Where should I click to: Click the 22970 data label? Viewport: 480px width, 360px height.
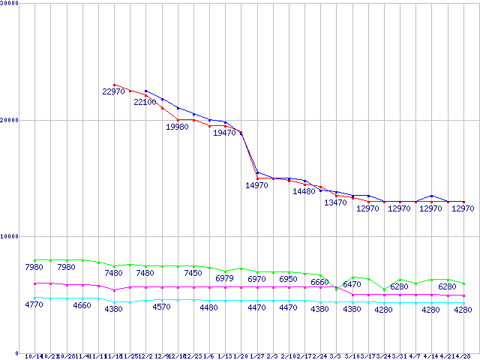(114, 91)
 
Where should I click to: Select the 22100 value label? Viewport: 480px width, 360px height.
(145, 102)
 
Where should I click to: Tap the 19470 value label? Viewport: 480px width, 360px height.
(225, 133)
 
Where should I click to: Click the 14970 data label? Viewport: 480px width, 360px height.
(257, 185)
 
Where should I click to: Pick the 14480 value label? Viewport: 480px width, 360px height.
(304, 191)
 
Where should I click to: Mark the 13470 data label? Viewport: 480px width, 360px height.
(335, 202)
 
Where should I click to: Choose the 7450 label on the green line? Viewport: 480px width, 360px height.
(193, 273)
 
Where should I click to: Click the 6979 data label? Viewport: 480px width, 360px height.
(225, 278)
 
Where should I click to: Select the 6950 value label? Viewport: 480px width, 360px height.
(289, 279)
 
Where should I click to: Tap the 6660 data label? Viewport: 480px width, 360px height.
(321, 283)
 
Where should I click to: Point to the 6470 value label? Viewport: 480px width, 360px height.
(352, 284)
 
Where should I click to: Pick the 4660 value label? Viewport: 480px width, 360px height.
(82, 305)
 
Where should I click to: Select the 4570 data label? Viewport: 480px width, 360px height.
(161, 307)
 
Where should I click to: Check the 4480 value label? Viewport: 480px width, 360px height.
(209, 307)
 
